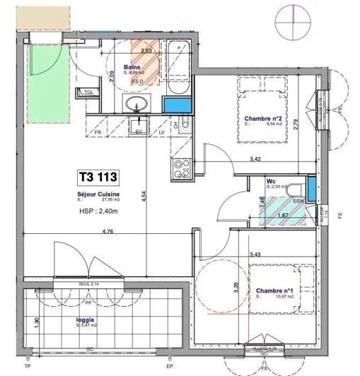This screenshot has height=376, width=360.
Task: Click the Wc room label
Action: point(270,181)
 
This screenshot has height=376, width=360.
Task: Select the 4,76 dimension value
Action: point(88,230)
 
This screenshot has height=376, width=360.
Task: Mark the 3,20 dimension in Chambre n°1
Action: point(236,290)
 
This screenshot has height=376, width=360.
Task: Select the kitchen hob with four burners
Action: point(180,170)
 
